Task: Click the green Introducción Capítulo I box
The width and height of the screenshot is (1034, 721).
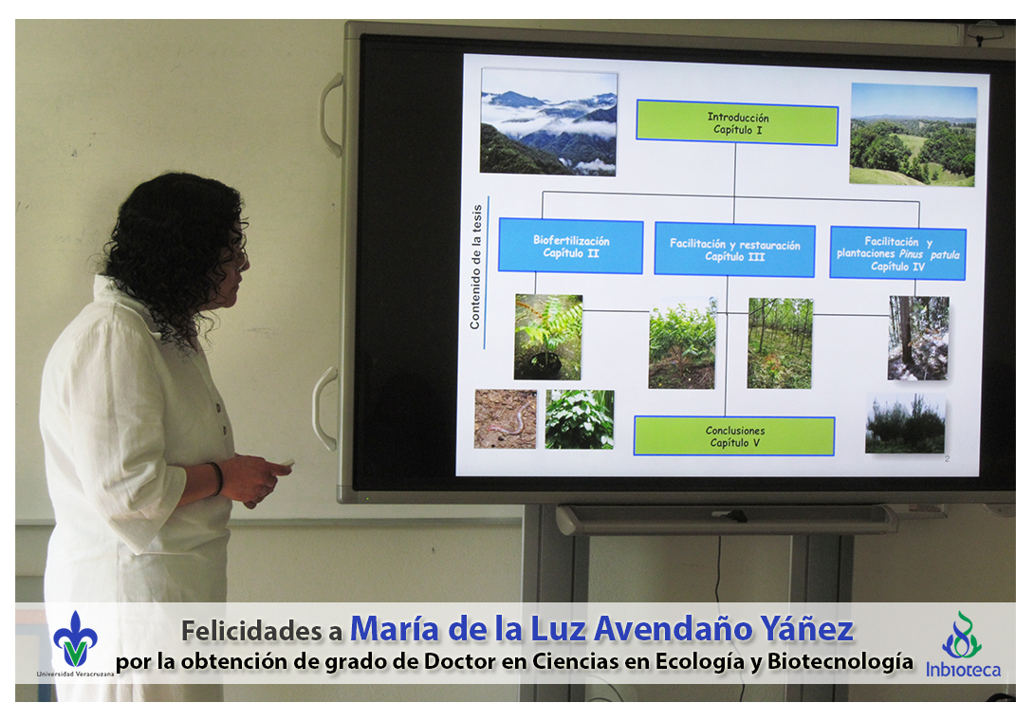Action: pyautogui.click(x=736, y=122)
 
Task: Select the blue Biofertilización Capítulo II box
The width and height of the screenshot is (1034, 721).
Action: pyautogui.click(x=570, y=246)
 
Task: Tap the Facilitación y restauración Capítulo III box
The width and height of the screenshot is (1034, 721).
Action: pyautogui.click(x=734, y=250)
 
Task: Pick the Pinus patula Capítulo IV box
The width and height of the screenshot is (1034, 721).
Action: pyautogui.click(x=897, y=253)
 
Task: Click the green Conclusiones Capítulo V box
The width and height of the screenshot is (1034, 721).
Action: pyautogui.click(x=734, y=436)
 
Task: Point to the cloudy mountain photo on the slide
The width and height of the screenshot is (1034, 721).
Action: pyautogui.click(x=548, y=122)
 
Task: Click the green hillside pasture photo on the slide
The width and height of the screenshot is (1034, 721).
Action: pyautogui.click(x=914, y=135)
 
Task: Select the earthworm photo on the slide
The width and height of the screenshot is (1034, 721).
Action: pyautogui.click(x=505, y=419)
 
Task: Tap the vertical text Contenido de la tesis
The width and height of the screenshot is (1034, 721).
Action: pyautogui.click(x=475, y=268)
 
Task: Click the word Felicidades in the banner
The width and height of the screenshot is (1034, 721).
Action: pyautogui.click(x=253, y=631)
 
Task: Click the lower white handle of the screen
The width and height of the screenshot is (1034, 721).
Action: pyautogui.click(x=323, y=409)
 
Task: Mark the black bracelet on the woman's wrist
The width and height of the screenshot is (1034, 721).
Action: pyautogui.click(x=217, y=478)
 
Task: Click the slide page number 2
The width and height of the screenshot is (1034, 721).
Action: pyautogui.click(x=947, y=458)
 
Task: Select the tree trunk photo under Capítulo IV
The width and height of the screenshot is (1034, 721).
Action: pyautogui.click(x=918, y=338)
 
